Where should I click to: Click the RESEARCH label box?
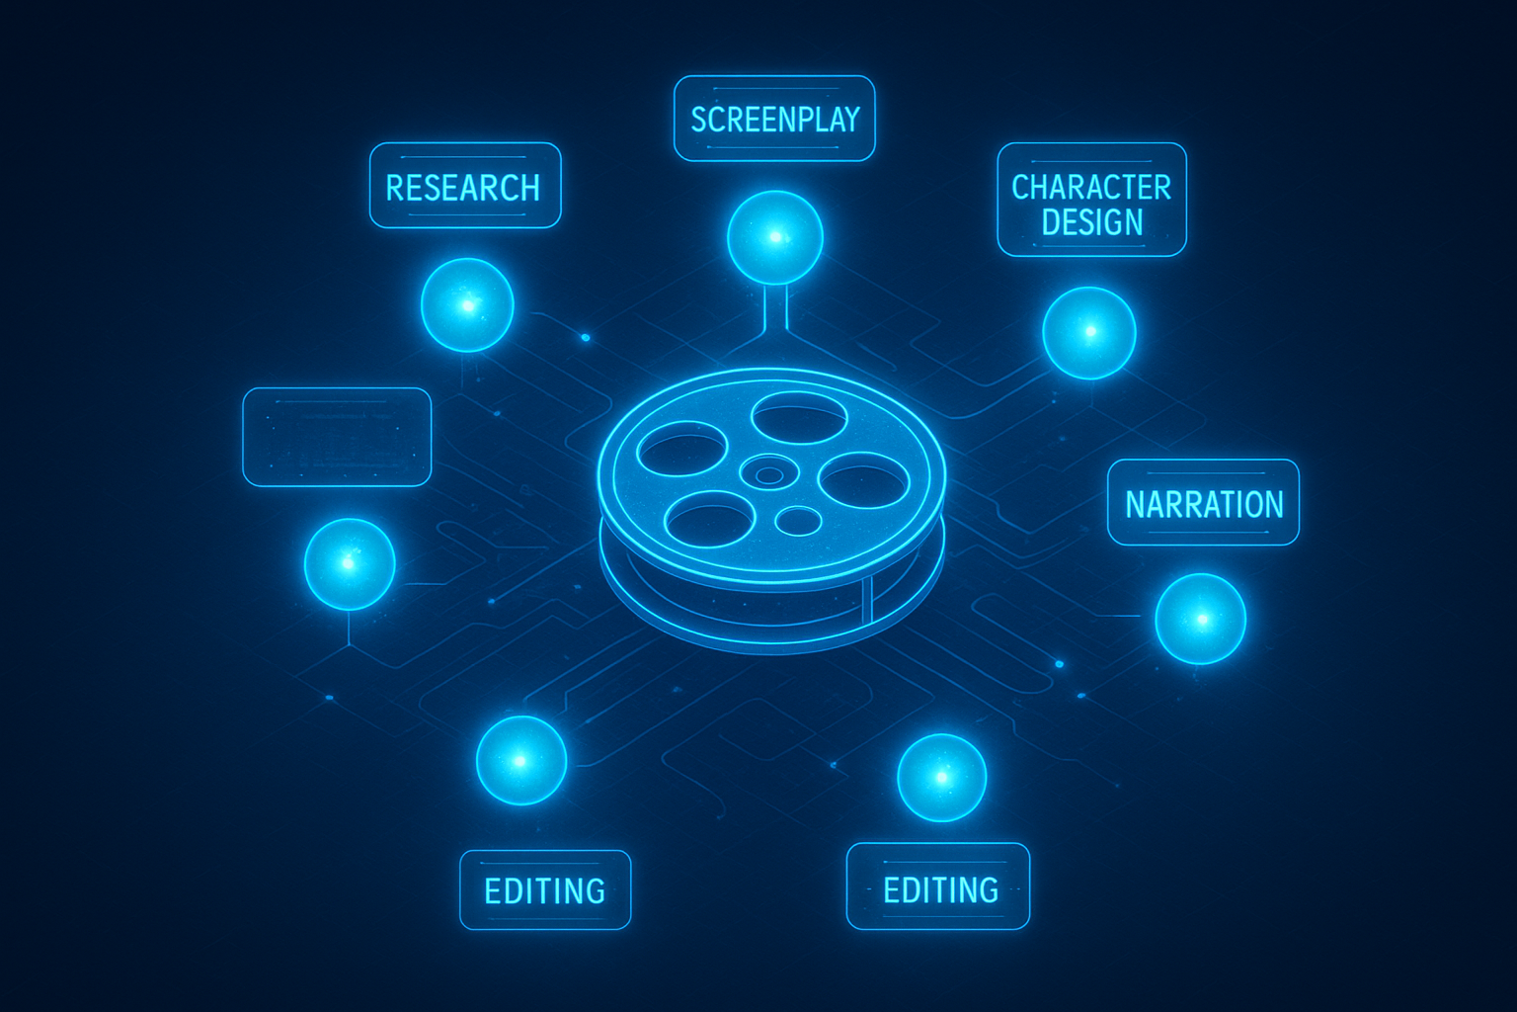click(x=464, y=186)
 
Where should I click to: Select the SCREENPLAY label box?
click(x=774, y=119)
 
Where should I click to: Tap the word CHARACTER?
click(x=1091, y=187)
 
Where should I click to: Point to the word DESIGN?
click(x=1091, y=222)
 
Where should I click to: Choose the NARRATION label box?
click(x=1203, y=503)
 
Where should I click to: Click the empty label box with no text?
click(x=337, y=437)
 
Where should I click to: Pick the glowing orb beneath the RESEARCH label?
click(x=467, y=304)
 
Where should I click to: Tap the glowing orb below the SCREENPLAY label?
click(x=775, y=237)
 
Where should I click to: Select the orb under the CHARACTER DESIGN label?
click(x=1089, y=333)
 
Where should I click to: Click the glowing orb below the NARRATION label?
click(x=1201, y=619)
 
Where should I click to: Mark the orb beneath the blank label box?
click(x=350, y=563)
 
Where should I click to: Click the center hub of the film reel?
click(x=767, y=474)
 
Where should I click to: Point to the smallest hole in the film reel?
click(x=799, y=520)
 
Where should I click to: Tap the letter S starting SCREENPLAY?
click(x=699, y=120)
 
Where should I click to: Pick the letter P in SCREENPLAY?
click(x=795, y=120)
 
